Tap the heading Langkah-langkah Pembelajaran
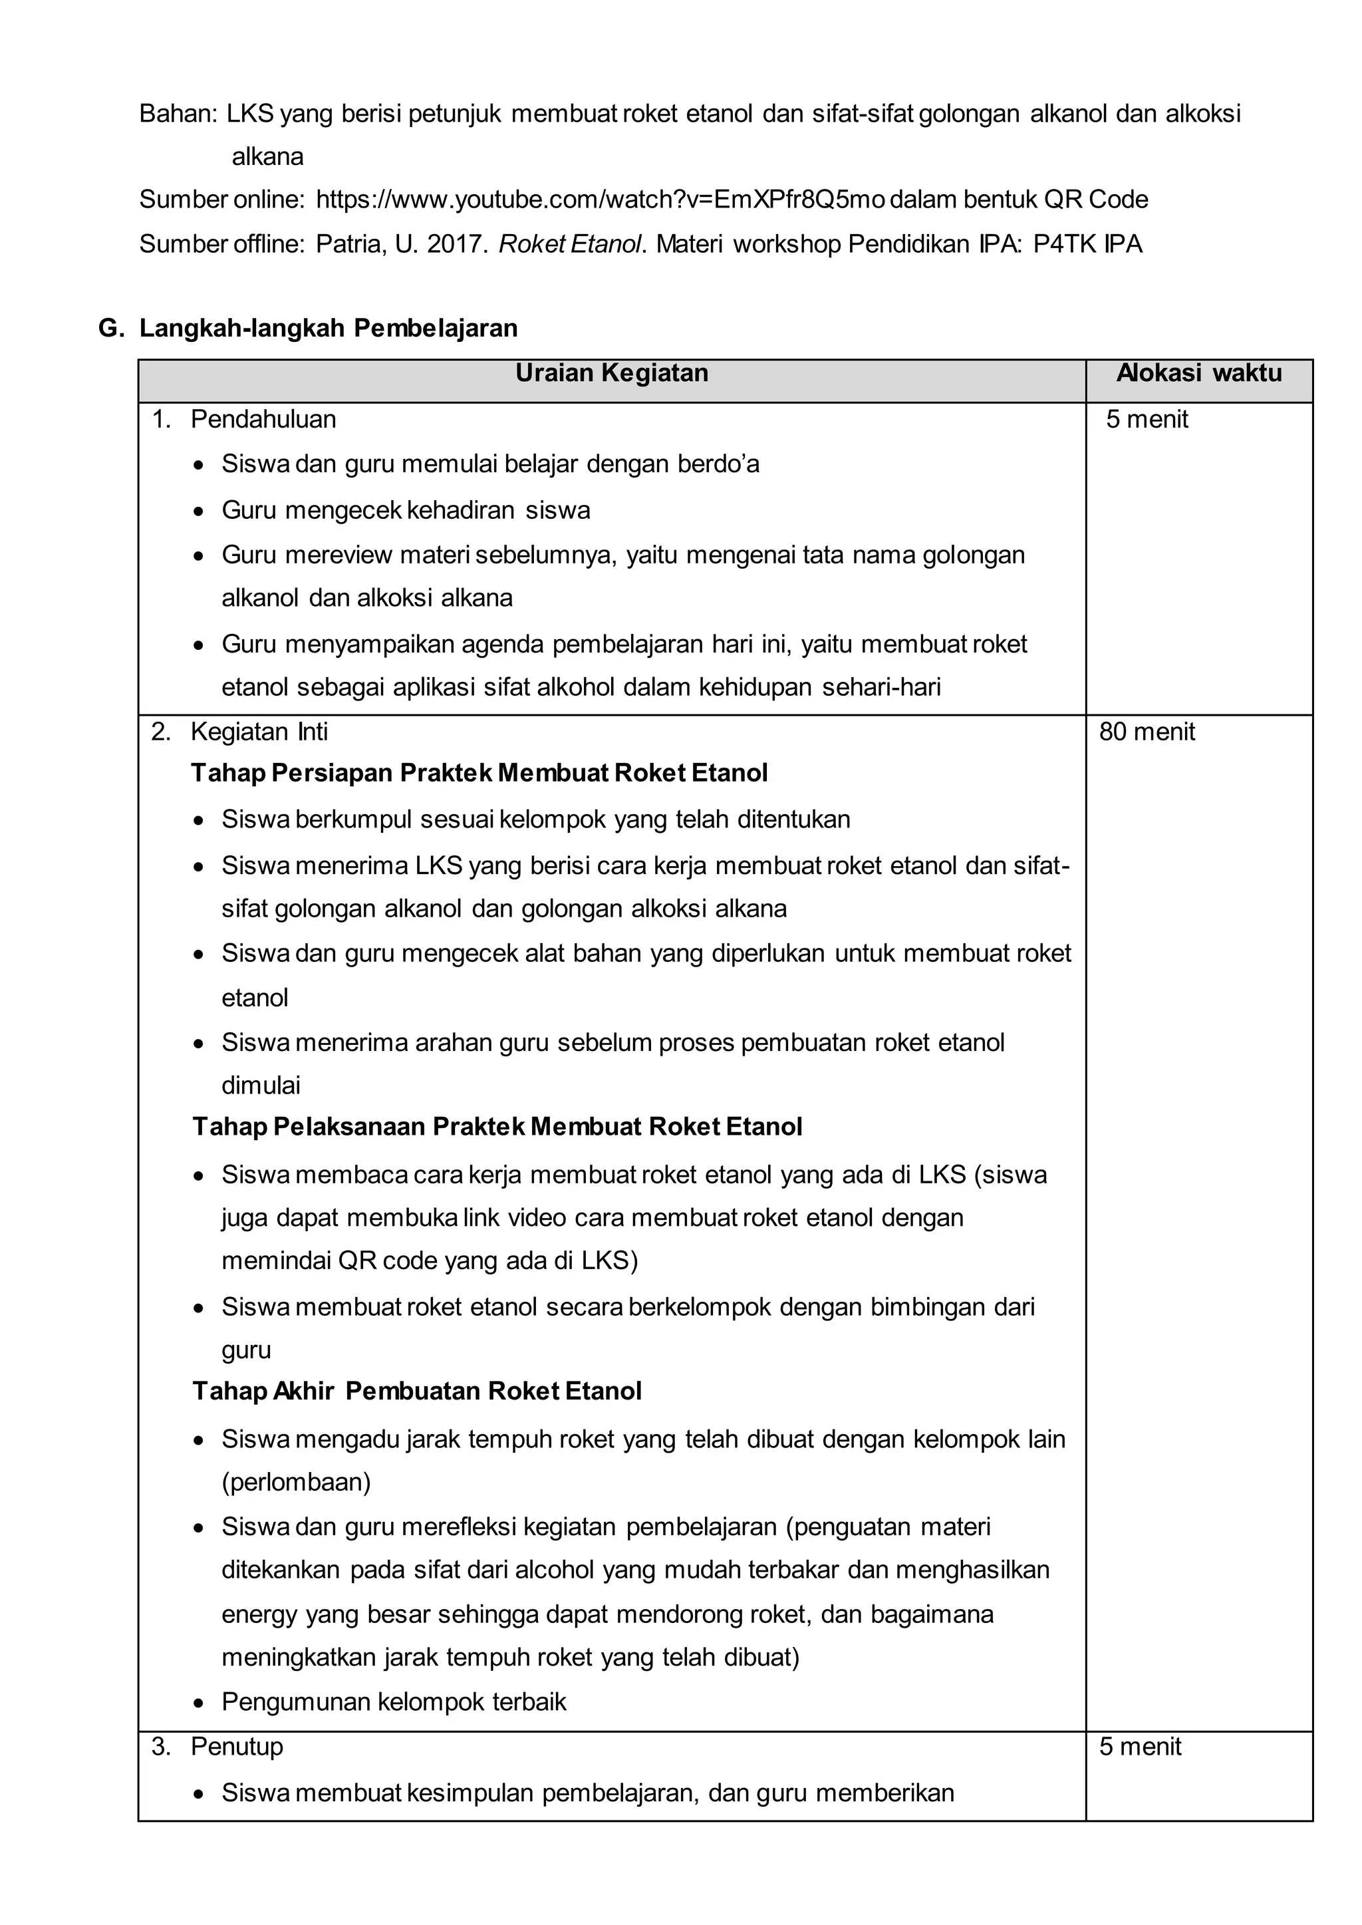click(328, 328)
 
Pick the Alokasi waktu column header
click(1198, 373)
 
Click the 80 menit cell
click(1147, 732)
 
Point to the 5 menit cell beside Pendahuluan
click(1147, 420)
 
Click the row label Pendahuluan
click(263, 420)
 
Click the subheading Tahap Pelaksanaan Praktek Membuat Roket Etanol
click(497, 1127)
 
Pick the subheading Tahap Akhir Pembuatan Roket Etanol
click(417, 1392)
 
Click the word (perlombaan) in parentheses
click(295, 1482)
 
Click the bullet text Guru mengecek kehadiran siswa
click(405, 510)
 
